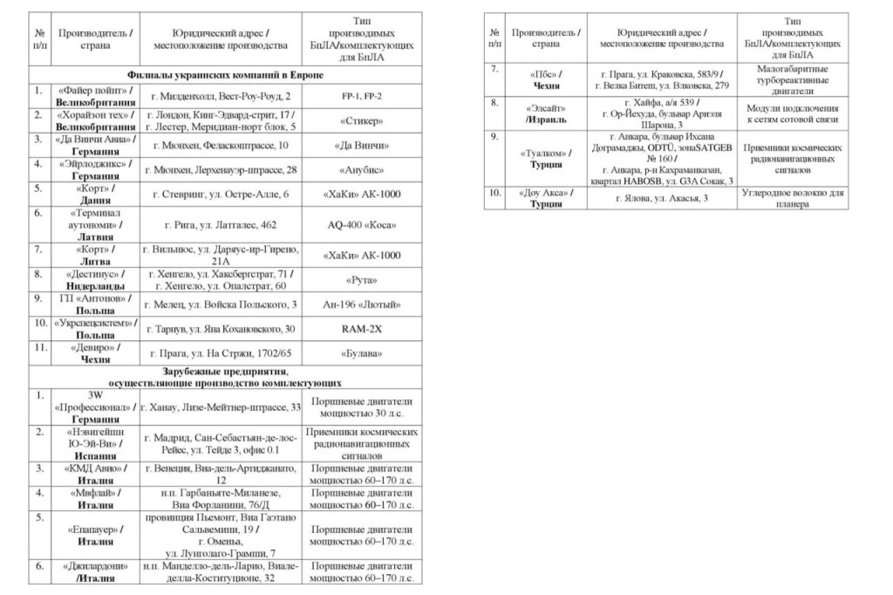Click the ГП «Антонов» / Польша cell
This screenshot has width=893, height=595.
coord(96,304)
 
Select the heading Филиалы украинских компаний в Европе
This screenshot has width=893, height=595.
coord(225,75)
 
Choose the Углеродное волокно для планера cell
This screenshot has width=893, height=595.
coord(792,198)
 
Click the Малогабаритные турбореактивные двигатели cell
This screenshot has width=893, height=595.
coord(792,79)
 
